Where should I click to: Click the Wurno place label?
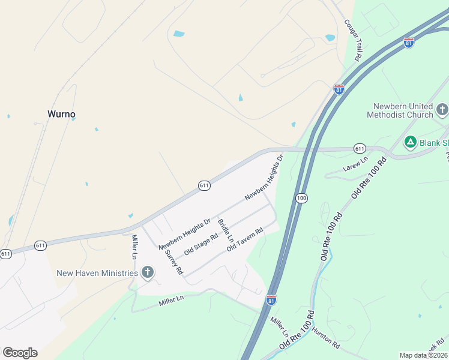tap(61, 114)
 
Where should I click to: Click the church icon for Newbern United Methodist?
tap(442, 110)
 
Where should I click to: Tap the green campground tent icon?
tap(410, 142)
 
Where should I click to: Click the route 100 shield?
tap(301, 197)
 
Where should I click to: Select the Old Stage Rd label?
tap(200, 245)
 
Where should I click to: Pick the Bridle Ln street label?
tap(225, 231)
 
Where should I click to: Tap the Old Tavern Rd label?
tap(245, 239)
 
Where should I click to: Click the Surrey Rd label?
tap(173, 262)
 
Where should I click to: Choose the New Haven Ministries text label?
tap(97, 273)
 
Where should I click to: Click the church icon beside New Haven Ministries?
tap(147, 273)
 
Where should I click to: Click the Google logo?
tap(20, 353)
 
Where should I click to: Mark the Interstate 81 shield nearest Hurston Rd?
tap(272, 299)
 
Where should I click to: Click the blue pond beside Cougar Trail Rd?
tap(330, 38)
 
